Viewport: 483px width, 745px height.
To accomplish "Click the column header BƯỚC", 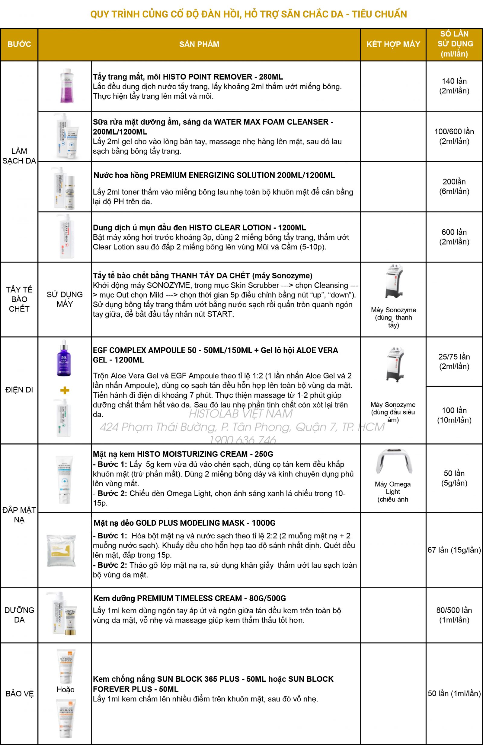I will click(19, 44).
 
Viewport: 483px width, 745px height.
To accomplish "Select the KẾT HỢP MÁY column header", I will click(393, 44).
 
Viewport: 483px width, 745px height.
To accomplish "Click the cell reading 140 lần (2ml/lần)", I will click(454, 86).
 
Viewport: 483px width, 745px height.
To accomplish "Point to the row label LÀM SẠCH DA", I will click(19, 156).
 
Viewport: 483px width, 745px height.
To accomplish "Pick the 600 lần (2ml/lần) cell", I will click(454, 237).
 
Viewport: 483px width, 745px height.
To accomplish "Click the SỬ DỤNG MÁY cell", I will click(65, 299).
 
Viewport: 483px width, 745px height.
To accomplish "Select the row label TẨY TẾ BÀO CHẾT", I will click(19, 299).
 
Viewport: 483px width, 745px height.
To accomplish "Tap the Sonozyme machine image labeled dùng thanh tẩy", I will click(394, 281).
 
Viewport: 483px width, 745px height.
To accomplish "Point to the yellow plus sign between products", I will click(65, 390).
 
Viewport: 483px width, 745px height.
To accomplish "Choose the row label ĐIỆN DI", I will click(19, 390).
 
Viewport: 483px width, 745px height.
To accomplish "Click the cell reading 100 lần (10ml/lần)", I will click(454, 415).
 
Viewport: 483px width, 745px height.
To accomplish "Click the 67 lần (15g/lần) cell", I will click(454, 550).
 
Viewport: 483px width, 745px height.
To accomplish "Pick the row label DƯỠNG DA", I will click(19, 615).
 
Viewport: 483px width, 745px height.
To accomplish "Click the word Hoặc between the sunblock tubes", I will click(65, 689).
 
